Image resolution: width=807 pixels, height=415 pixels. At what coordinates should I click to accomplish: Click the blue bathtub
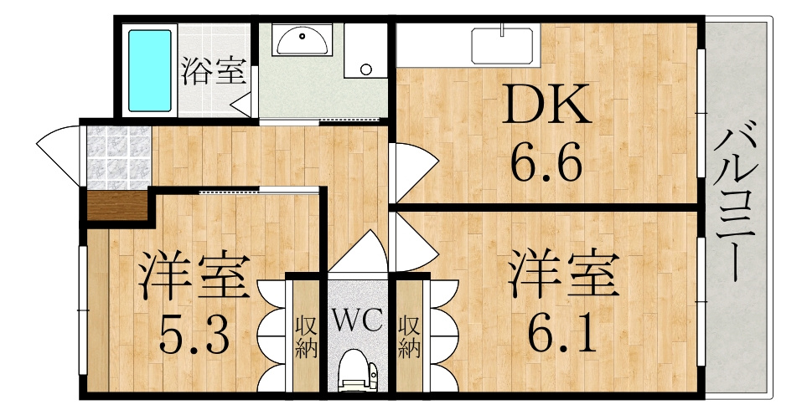tap(150, 70)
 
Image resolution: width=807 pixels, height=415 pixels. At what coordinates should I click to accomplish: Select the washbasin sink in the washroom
tap(303, 41)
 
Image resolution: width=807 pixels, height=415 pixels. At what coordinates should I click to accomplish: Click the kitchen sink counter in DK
tap(502, 45)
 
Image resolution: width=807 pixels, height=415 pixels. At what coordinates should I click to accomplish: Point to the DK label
tap(546, 105)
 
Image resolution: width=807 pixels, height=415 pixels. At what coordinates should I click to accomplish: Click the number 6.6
tap(546, 161)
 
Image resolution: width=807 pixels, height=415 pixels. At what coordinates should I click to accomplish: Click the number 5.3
tap(194, 335)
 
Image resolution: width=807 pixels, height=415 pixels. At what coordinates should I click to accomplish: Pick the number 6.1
tap(561, 333)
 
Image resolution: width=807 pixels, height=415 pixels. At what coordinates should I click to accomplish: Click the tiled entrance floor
tap(119, 156)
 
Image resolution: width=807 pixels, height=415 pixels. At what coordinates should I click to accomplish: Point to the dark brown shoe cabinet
tap(118, 206)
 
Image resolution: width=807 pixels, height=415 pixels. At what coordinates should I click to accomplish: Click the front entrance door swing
tap(58, 154)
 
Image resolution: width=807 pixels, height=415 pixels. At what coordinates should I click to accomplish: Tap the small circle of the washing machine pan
tap(366, 69)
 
